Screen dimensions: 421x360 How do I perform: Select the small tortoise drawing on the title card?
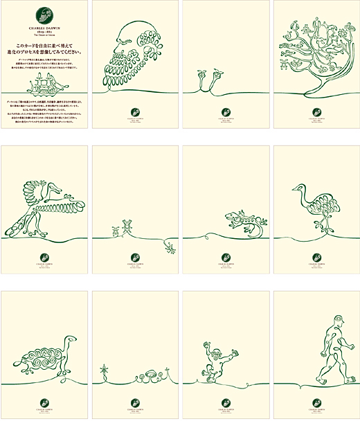pyautogui.click(x=44, y=83)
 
